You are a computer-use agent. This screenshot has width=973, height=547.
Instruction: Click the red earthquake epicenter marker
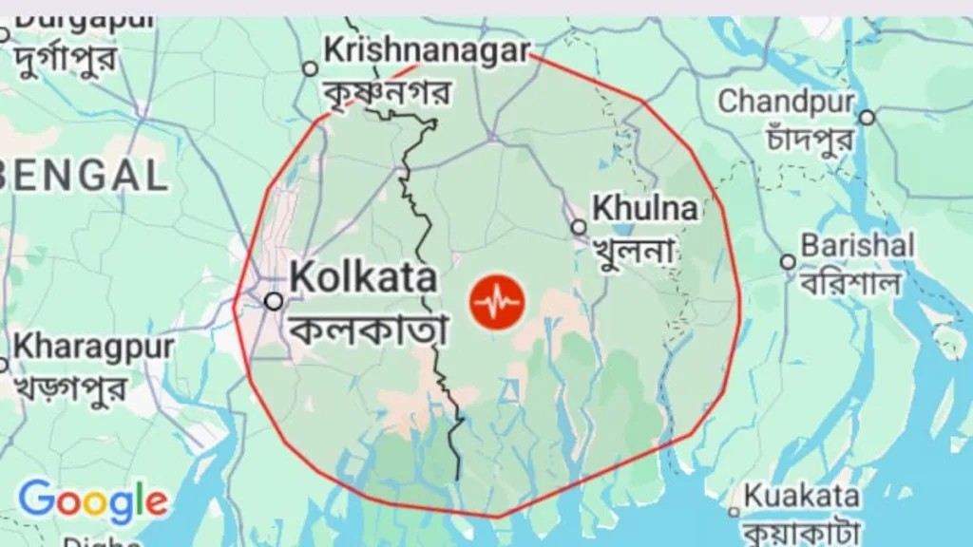coord(497,302)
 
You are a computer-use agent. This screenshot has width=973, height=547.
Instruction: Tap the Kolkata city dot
coord(274,301)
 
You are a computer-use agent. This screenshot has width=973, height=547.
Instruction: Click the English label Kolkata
coord(363,277)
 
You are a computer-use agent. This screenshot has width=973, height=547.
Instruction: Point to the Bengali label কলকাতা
coord(367,329)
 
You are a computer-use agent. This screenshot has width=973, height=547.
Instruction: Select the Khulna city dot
coord(579,227)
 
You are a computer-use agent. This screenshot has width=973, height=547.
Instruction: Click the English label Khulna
coord(644,208)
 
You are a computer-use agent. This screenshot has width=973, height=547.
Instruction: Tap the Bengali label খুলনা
coord(634,250)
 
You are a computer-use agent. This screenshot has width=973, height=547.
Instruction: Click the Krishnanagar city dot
coord(310,68)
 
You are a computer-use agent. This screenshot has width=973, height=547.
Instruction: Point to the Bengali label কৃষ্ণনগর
coord(388,91)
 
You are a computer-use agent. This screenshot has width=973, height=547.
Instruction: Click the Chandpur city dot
coord(867,118)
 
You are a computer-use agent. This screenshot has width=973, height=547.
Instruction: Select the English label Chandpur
coord(786,100)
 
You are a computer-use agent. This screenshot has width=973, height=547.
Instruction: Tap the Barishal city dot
coord(788,262)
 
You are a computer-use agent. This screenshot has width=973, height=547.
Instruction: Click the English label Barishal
coord(857,245)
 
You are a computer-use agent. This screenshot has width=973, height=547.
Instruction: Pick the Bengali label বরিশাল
coord(849,282)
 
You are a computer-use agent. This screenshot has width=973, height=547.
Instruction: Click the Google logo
coord(92,500)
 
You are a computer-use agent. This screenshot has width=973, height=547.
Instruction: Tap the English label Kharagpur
coord(93,347)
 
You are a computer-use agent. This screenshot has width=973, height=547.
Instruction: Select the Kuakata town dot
coord(733,512)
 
